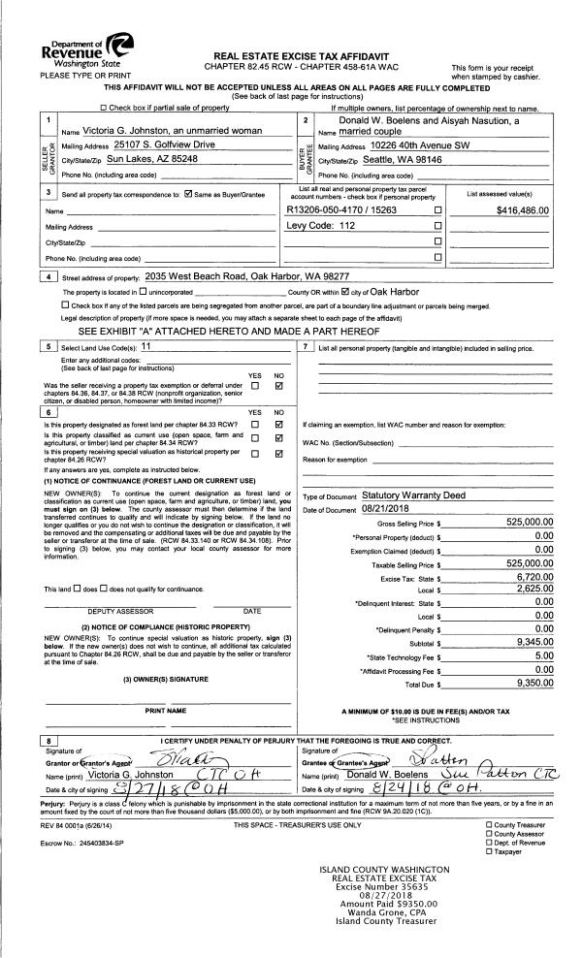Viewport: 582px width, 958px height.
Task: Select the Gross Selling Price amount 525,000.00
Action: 529,522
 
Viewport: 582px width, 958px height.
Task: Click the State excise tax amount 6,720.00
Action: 536,576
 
